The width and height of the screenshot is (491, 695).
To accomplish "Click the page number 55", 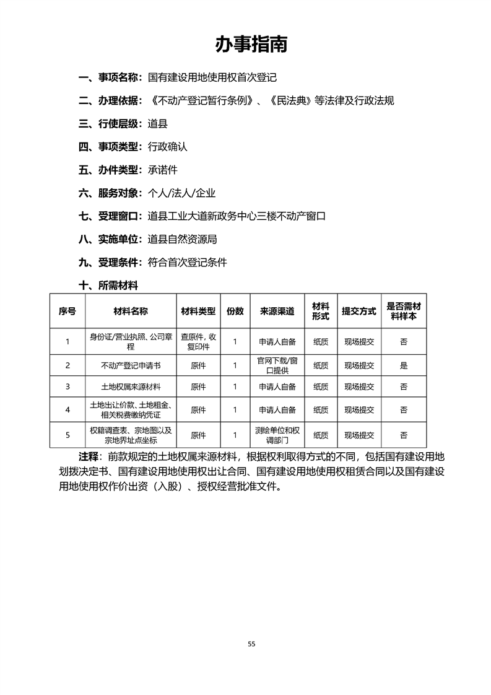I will point(251,644).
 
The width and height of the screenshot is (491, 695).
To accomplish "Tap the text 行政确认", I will point(167,147).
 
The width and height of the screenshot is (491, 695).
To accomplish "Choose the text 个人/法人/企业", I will point(182,193).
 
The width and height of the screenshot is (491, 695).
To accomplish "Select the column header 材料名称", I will point(131,311).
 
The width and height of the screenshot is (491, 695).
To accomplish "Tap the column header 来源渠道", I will point(277,311).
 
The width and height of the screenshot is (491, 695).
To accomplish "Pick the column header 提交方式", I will point(359,311).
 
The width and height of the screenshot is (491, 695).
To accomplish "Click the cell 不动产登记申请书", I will point(131,365).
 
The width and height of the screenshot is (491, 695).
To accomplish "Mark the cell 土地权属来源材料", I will point(131,387).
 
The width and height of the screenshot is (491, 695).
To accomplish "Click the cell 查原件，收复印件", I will point(198,341).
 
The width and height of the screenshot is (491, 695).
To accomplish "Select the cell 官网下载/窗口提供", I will point(277,365).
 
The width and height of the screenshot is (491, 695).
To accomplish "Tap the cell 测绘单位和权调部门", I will point(277,435).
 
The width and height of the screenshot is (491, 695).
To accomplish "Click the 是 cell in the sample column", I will point(404,365).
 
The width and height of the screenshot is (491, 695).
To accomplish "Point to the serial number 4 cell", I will point(67,409).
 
